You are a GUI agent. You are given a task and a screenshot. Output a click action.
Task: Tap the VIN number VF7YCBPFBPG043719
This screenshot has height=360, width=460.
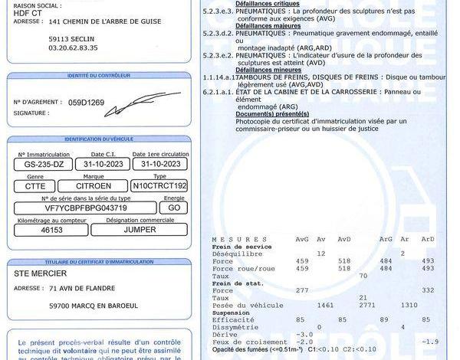(87, 208)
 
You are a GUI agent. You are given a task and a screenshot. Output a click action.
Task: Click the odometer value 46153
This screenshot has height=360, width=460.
(51, 229)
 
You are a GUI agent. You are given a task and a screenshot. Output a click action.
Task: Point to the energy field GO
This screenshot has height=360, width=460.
(174, 208)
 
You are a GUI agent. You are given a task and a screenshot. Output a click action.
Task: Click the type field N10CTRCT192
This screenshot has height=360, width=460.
(159, 186)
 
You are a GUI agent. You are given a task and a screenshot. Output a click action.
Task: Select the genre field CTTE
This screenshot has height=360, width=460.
(34, 186)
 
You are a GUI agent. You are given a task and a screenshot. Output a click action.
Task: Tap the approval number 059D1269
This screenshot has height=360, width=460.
(86, 101)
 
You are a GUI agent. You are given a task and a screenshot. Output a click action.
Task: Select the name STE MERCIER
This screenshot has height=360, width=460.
(41, 273)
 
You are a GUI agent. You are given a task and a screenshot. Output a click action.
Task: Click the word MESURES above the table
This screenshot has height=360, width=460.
(230, 240)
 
